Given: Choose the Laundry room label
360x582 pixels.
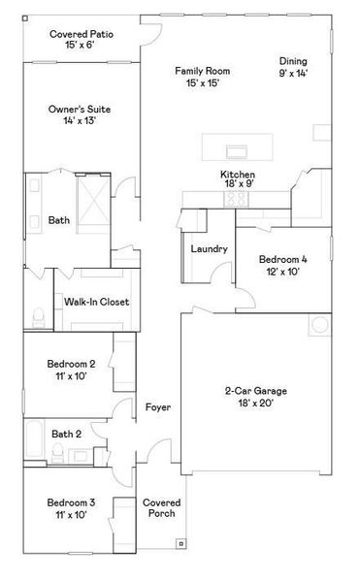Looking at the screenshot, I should [x=209, y=249].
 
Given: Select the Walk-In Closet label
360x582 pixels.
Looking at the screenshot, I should [x=97, y=302].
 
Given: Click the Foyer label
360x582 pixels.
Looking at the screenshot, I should [x=158, y=407].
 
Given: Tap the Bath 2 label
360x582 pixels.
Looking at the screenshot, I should [x=66, y=434].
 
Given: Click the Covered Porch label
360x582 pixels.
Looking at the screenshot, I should [x=160, y=508].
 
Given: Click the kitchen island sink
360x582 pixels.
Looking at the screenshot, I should [x=235, y=150].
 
